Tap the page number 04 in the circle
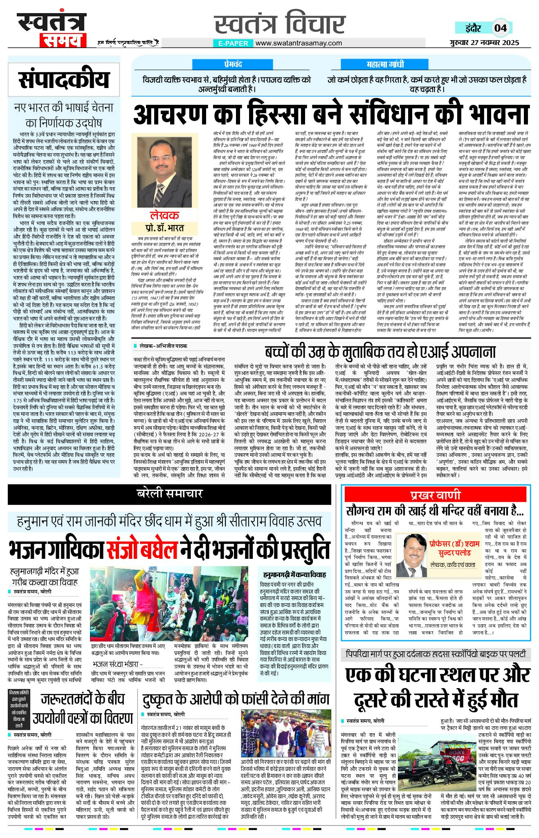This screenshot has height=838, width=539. pos(501,28)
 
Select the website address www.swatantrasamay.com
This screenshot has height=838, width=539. pos(299,43)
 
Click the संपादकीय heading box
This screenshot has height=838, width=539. pos(64,80)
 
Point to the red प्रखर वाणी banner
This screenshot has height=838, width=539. pos(435,495)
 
